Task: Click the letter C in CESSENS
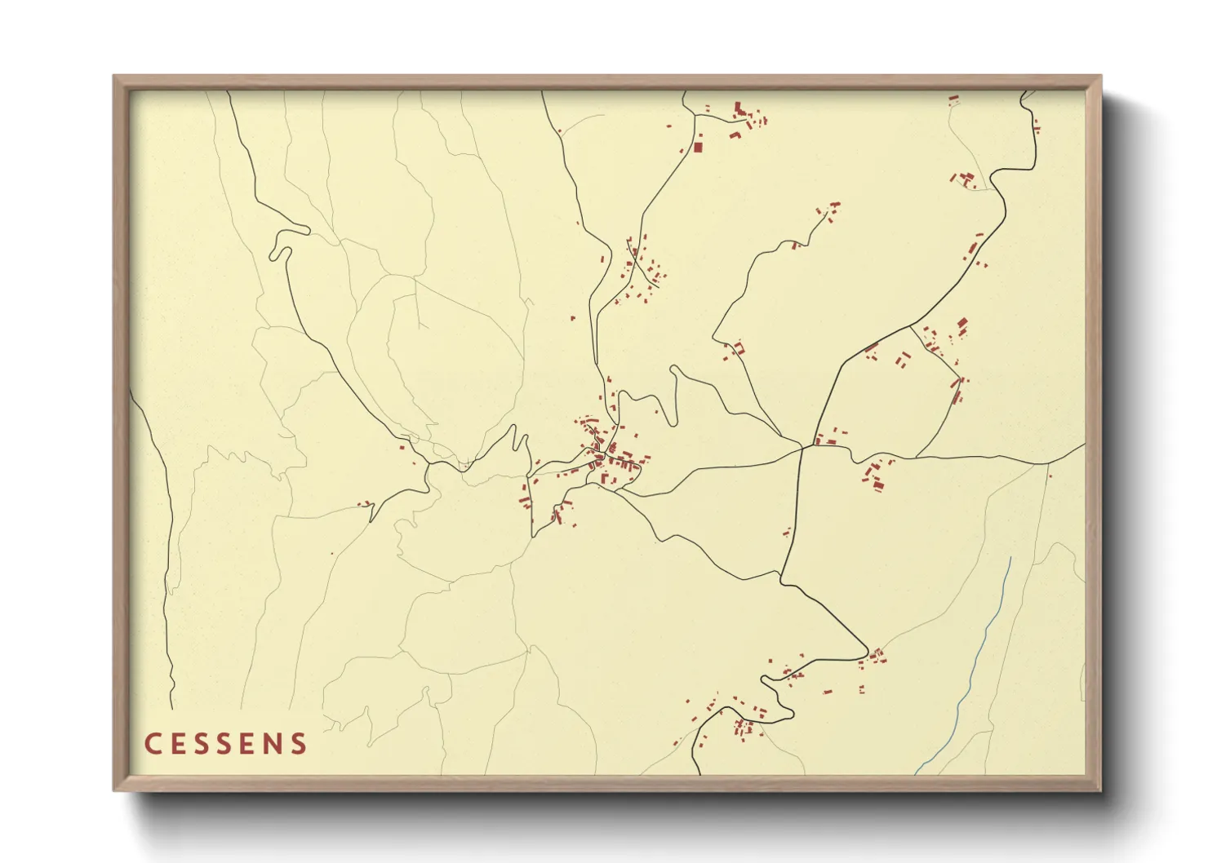click(152, 744)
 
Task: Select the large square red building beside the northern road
click(698, 148)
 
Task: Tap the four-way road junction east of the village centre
click(802, 447)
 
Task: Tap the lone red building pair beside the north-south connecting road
click(788, 533)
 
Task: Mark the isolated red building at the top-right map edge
click(953, 100)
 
